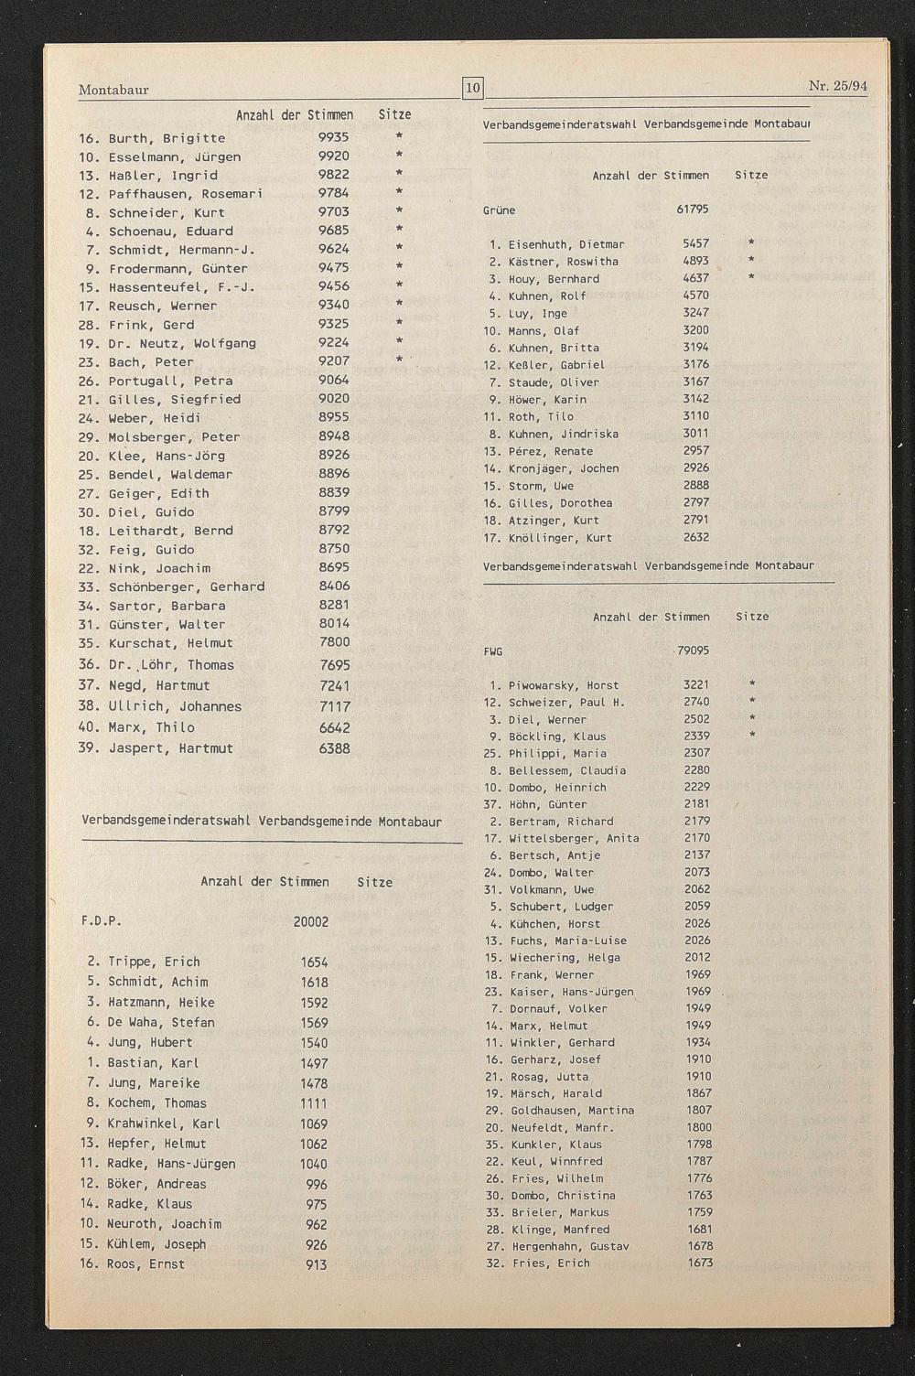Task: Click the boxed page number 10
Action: [473, 89]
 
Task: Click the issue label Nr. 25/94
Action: [837, 87]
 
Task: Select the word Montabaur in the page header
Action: [113, 90]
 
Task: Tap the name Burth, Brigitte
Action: [167, 138]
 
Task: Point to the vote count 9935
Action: [334, 137]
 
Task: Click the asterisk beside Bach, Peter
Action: [399, 361]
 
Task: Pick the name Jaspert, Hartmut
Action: [171, 748]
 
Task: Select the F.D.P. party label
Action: [101, 921]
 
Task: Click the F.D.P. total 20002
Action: [311, 922]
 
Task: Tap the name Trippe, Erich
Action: [154, 962]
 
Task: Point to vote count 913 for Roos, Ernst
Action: [316, 1265]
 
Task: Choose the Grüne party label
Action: [499, 210]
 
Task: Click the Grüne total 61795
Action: [693, 210]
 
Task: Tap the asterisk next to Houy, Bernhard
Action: [751, 277]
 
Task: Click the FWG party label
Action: [493, 652]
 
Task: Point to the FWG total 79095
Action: [693, 651]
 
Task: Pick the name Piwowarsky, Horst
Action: [564, 685]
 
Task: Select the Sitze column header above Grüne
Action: [751, 175]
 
